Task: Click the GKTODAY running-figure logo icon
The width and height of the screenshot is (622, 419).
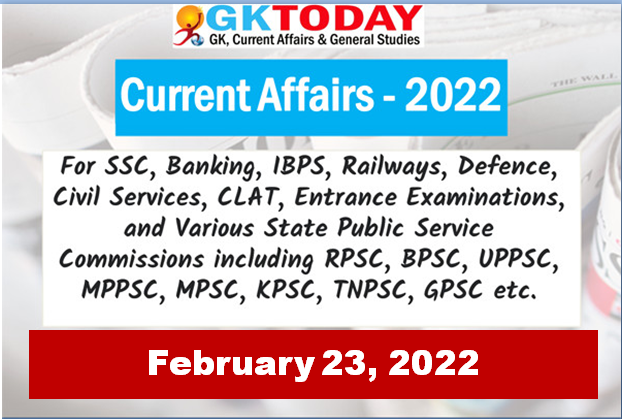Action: tap(189, 26)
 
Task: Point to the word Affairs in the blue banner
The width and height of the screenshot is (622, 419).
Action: tap(316, 95)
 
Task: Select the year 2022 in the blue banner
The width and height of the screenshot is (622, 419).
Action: tap(453, 95)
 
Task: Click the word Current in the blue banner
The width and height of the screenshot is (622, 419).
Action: tap(186, 95)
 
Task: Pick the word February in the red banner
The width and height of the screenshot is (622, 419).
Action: tap(231, 364)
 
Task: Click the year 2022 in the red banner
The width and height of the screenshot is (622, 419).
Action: tap(434, 362)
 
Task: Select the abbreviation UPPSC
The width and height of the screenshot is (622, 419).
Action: tap(519, 259)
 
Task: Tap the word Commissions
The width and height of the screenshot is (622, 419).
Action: tap(132, 259)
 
